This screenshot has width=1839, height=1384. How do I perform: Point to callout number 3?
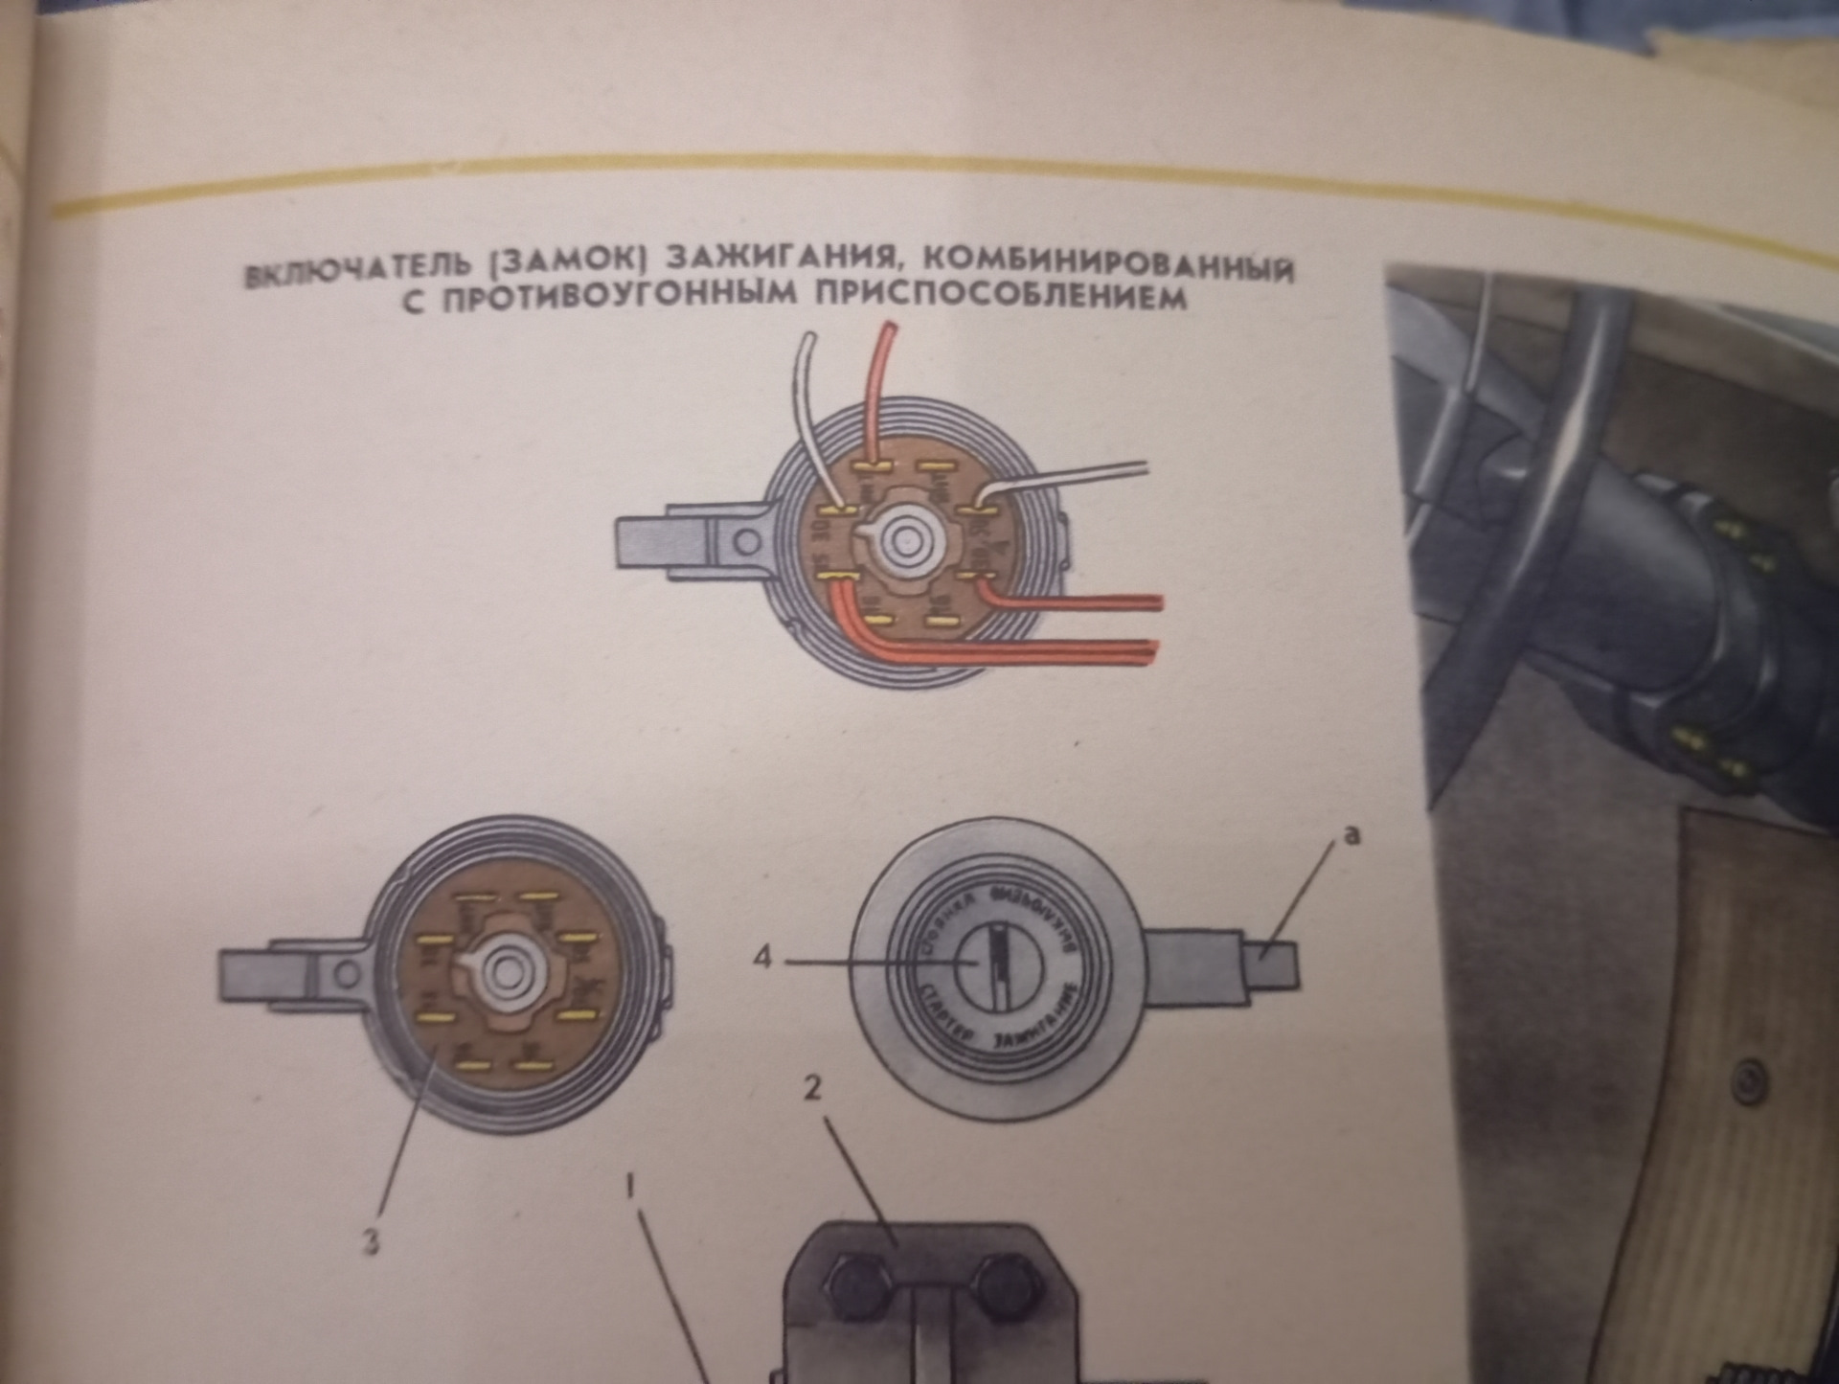(x=373, y=1243)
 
